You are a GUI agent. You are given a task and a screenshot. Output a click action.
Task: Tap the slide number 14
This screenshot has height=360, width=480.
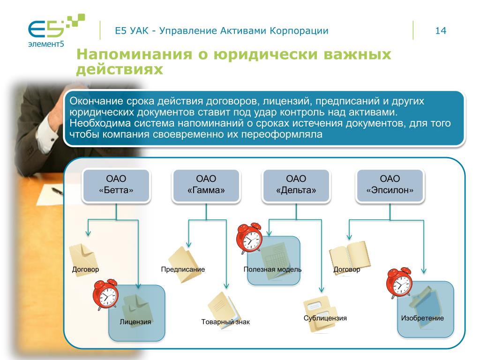(x=440, y=31)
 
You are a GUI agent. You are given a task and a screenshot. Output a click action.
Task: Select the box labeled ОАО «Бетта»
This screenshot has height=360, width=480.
(x=116, y=185)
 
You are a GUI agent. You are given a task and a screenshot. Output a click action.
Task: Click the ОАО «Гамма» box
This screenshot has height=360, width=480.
(x=206, y=185)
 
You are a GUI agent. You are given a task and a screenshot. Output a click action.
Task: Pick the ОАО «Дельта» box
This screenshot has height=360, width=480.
(x=296, y=185)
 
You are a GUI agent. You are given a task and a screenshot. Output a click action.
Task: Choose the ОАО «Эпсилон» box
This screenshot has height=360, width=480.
(x=390, y=185)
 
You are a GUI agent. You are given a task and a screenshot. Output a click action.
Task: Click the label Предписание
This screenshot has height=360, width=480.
(x=183, y=270)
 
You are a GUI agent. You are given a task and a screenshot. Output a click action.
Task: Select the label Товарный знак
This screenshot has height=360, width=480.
(x=225, y=322)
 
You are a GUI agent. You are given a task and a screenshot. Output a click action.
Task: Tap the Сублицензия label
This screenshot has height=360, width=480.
(x=325, y=318)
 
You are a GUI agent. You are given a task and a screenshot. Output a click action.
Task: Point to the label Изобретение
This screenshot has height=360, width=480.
(x=422, y=319)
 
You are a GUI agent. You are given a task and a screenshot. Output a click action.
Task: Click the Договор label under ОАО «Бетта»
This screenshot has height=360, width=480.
(x=85, y=270)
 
